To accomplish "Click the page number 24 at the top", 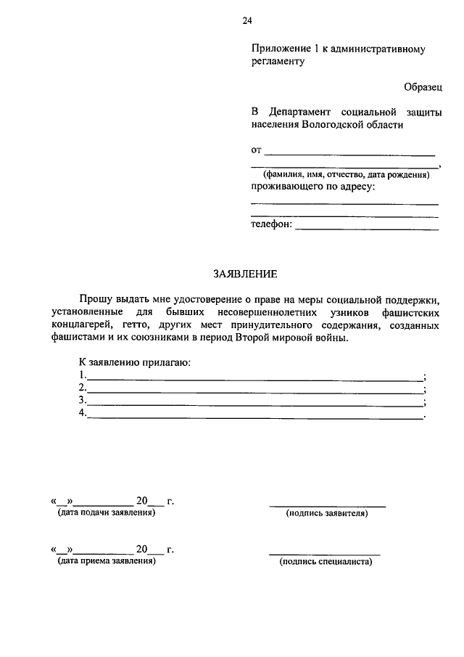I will [247, 21].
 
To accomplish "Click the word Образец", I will [423, 86].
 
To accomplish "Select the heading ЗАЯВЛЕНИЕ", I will [245, 274].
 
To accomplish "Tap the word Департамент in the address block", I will [299, 112].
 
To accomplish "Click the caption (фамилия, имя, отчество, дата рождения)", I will [346, 176].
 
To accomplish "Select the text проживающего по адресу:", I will [312, 187].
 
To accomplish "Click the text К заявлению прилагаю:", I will [134, 362].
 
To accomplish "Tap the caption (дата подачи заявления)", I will [107, 513].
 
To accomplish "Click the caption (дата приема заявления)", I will [107, 561].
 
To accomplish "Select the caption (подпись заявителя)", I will [327, 514].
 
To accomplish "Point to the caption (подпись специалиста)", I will [326, 562].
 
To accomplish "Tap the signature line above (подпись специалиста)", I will [325, 553].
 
